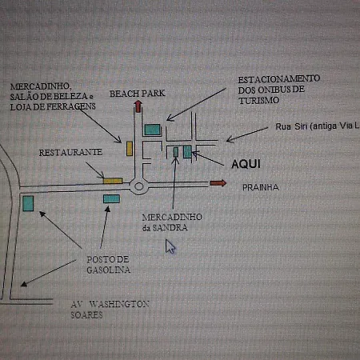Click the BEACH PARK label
pyautogui.click(x=138, y=94)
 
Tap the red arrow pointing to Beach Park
pyautogui.click(x=138, y=106)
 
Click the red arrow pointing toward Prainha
pyautogui.click(x=218, y=183)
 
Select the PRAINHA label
pyautogui.click(x=261, y=187)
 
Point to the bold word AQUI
pyautogui.click(x=246, y=164)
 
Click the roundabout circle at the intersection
pyautogui.click(x=138, y=186)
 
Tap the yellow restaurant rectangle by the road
pyautogui.click(x=113, y=181)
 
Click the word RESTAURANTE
pyautogui.click(x=70, y=152)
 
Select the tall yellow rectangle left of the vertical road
pyautogui.click(x=130, y=149)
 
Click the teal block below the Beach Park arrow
pyautogui.click(x=153, y=130)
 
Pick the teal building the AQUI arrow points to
pyautogui.click(x=187, y=151)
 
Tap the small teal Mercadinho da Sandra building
pyautogui.click(x=176, y=152)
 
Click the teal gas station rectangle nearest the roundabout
pyautogui.click(x=111, y=198)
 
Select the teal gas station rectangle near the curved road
pyautogui.click(x=28, y=203)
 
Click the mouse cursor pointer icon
pyautogui.click(x=170, y=246)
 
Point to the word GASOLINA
pyautogui.click(x=109, y=270)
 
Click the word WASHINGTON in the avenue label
pyautogui.click(x=119, y=304)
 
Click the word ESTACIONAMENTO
pyautogui.click(x=279, y=79)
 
